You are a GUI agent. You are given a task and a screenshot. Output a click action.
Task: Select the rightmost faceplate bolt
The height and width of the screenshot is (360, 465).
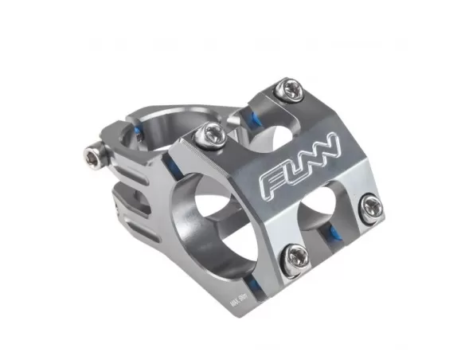(x=370, y=208)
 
